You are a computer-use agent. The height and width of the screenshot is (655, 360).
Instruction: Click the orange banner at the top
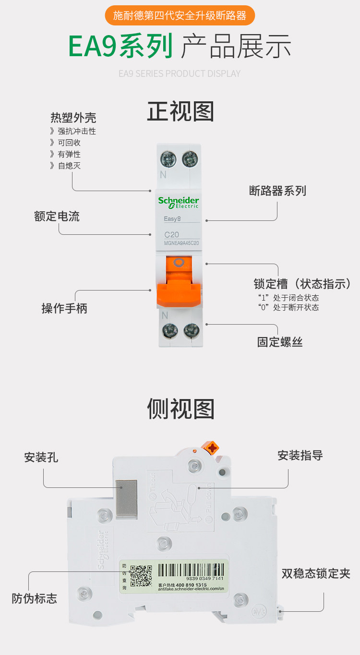[180, 16]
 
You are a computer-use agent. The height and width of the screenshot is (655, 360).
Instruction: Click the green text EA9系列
[120, 46]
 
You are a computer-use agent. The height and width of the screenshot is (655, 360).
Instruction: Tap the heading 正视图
[180, 111]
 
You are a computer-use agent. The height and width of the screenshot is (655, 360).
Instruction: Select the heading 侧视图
[180, 409]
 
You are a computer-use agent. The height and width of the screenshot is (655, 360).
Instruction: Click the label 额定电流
[57, 216]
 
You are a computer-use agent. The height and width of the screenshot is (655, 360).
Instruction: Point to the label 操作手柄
[64, 308]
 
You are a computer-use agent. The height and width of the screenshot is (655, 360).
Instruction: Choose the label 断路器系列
[277, 191]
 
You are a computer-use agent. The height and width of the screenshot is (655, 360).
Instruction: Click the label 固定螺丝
[280, 342]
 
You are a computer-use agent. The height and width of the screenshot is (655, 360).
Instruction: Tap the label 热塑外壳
[73, 117]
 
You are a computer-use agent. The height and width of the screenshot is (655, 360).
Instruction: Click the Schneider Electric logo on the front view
[179, 202]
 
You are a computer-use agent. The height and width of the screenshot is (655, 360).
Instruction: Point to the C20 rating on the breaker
[171, 235]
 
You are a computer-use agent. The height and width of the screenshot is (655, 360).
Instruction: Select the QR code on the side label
[141, 576]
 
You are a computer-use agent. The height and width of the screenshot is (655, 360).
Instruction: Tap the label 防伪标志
[34, 598]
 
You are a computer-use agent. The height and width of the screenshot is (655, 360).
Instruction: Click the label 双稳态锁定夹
[316, 573]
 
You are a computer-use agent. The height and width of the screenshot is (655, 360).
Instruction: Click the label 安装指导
[300, 455]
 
